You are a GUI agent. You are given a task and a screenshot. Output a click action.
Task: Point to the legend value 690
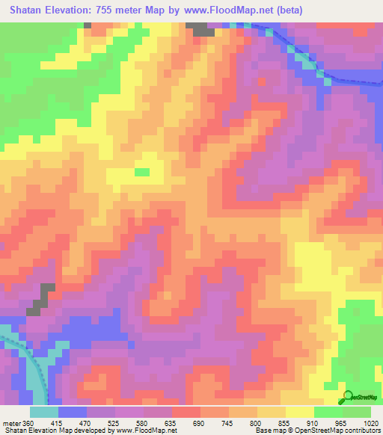200,422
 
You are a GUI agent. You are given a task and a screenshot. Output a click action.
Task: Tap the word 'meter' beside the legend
10,422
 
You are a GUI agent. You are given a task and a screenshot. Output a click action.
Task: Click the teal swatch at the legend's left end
44,412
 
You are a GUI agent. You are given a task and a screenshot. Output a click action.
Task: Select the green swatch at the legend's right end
357,412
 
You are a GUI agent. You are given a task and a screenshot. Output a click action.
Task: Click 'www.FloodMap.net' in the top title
231,10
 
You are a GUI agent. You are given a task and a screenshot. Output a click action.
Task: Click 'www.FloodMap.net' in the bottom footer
141,431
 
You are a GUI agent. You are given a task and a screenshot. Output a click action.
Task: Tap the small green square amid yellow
141,172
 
